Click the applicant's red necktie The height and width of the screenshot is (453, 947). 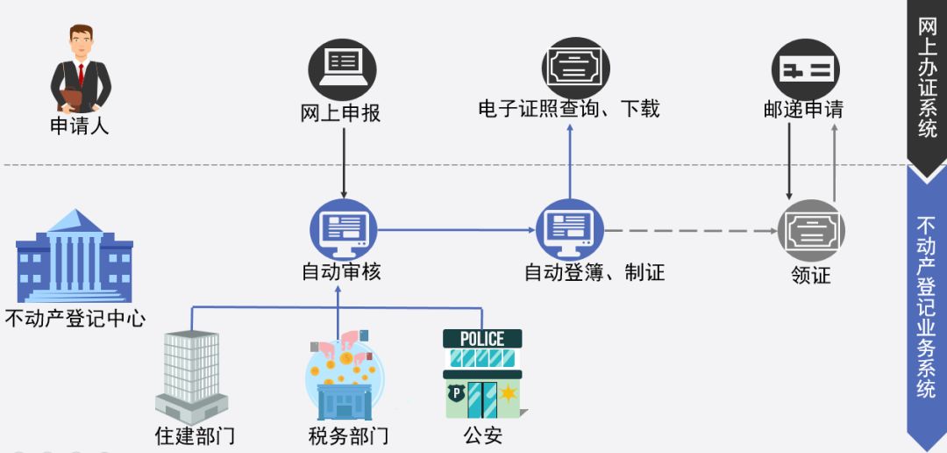click(x=81, y=73)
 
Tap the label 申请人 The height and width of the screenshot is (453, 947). click(x=80, y=126)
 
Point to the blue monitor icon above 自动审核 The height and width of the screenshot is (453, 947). click(x=342, y=230)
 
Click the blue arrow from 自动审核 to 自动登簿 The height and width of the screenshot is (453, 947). click(x=456, y=230)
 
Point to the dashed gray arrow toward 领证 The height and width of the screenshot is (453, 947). click(x=693, y=231)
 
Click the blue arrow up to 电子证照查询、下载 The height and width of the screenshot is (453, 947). click(x=570, y=162)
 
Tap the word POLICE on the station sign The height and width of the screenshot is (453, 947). click(x=482, y=339)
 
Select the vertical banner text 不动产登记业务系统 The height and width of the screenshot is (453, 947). click(x=926, y=307)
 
